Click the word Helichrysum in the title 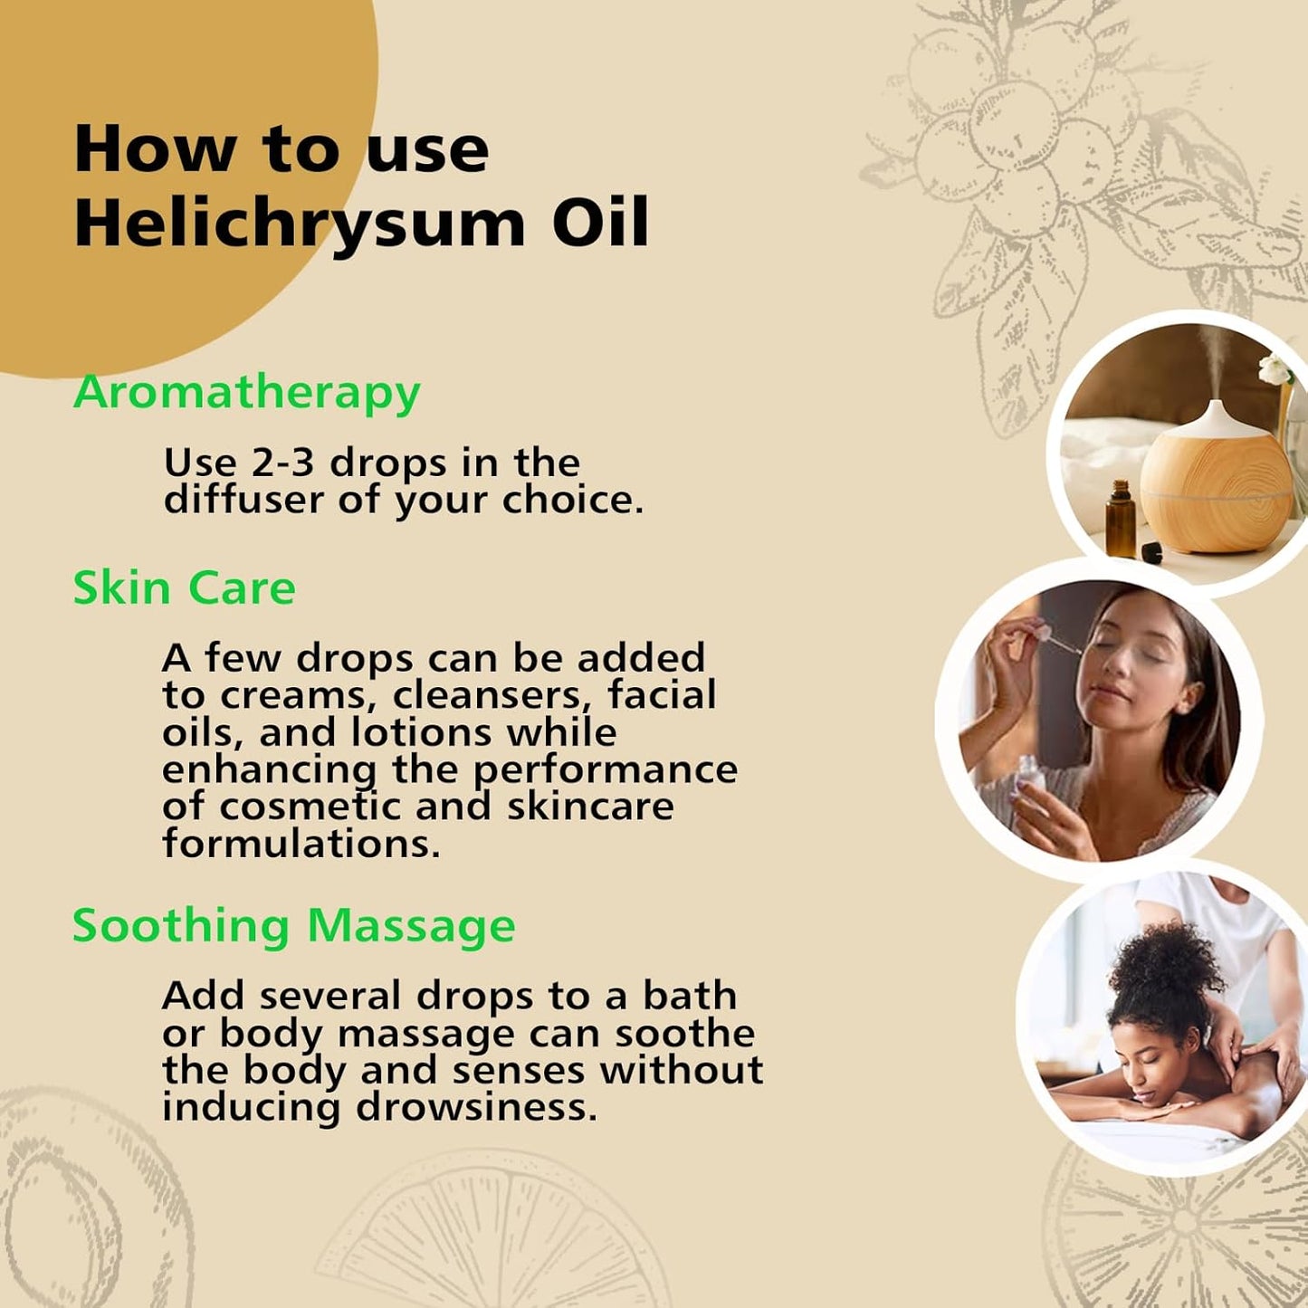(299, 223)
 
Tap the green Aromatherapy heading (246, 393)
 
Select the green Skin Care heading (184, 588)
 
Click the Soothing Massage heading (293, 926)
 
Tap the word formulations (301, 844)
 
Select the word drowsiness (476, 1106)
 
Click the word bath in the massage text (690, 996)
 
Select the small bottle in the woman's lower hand (1028, 778)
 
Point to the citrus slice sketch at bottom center (489, 1240)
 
